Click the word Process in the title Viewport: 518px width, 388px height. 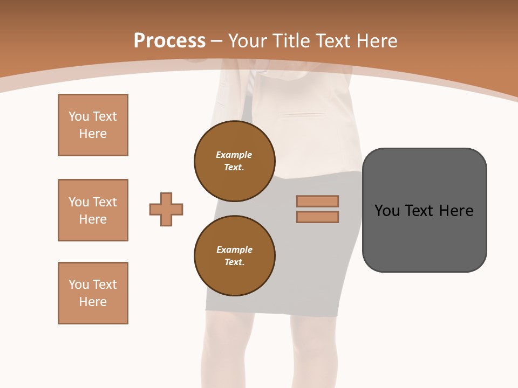click(x=169, y=40)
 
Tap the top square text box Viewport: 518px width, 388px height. click(x=93, y=125)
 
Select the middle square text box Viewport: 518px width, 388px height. click(x=93, y=210)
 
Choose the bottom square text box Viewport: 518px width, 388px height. click(x=93, y=293)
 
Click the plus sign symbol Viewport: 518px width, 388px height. click(x=166, y=209)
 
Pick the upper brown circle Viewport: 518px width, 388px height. click(x=234, y=161)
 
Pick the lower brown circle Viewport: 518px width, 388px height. click(x=234, y=255)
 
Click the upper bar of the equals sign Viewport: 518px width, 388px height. click(x=317, y=201)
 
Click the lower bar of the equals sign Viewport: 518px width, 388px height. click(x=317, y=217)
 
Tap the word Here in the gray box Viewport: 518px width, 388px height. click(x=456, y=210)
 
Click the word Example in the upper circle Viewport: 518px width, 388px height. click(x=234, y=155)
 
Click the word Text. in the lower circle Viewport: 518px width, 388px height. click(x=234, y=262)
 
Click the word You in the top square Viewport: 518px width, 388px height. click(x=79, y=116)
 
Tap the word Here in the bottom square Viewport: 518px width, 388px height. click(x=93, y=302)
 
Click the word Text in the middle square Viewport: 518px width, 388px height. click(x=105, y=202)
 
